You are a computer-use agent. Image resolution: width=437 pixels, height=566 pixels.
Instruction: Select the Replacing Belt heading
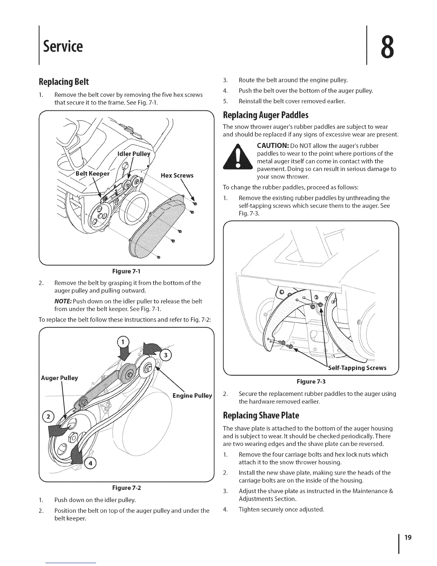coord(66,82)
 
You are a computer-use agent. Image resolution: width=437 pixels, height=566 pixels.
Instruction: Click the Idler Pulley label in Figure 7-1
coord(134,154)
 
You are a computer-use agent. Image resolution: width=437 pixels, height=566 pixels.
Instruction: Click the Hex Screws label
coord(177,175)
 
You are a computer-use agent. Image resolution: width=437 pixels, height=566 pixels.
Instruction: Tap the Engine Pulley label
coord(192,396)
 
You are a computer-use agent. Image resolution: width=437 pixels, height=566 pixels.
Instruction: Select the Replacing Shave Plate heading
coord(261,416)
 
